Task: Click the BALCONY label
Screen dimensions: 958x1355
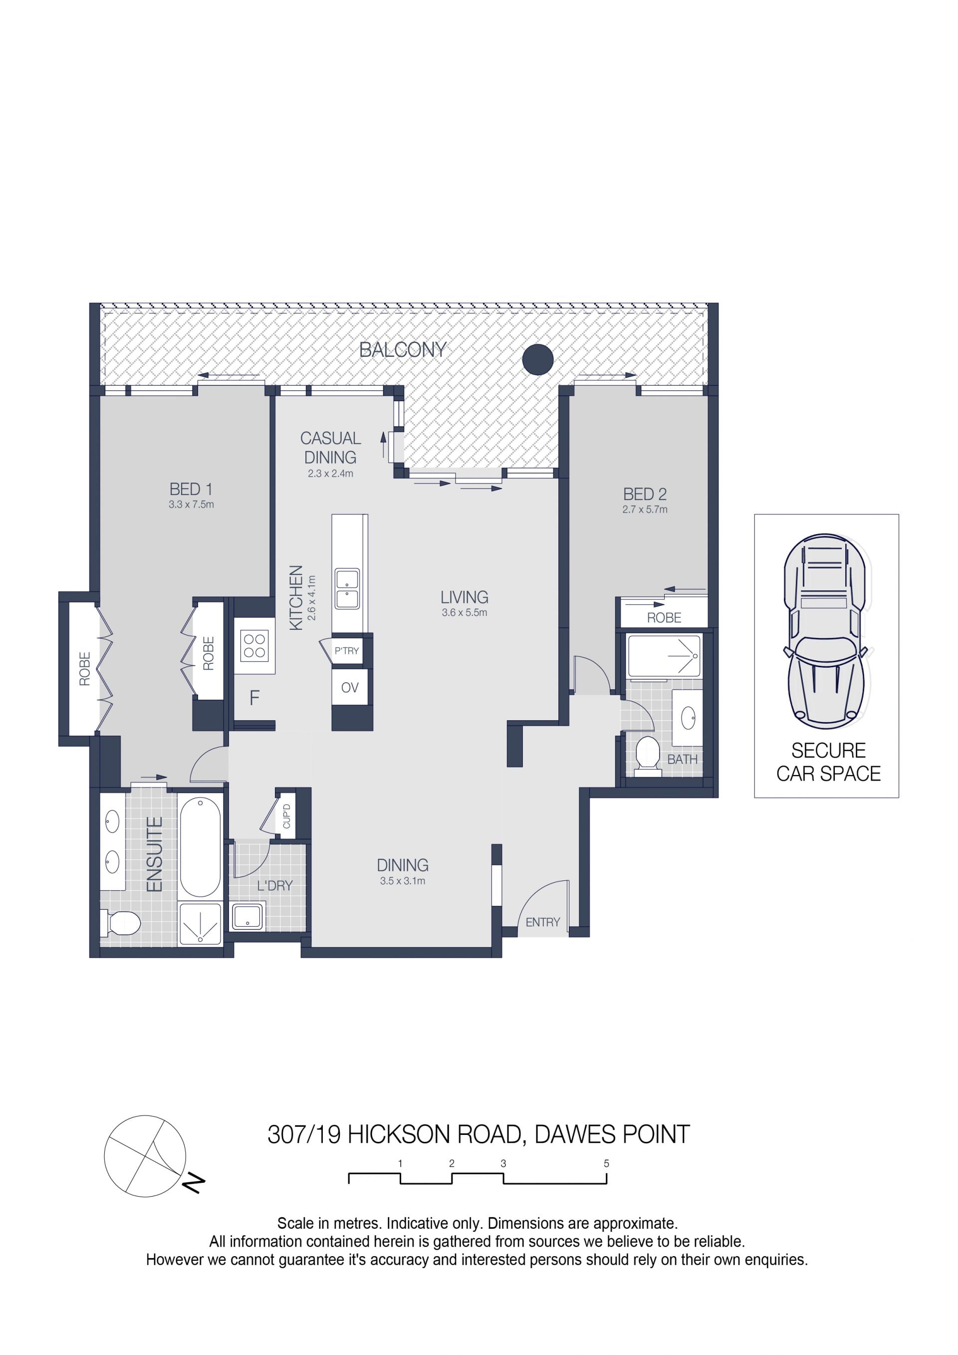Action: click(x=403, y=350)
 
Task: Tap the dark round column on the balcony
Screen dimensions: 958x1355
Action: click(x=538, y=359)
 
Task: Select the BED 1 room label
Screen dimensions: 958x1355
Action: click(x=191, y=489)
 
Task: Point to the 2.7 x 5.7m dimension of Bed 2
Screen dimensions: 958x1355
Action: click(x=645, y=509)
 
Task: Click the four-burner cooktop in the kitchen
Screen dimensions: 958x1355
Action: click(x=255, y=646)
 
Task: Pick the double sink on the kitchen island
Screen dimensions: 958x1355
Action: click(x=347, y=588)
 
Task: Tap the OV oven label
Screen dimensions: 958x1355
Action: click(x=350, y=688)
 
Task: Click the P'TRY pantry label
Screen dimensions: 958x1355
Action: click(x=346, y=651)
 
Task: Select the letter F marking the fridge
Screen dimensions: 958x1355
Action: click(x=254, y=698)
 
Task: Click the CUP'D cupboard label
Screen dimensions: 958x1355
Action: click(x=287, y=816)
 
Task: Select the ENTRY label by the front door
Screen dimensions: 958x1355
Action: click(x=543, y=922)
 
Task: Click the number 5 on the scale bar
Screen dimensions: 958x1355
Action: click(x=606, y=1164)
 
